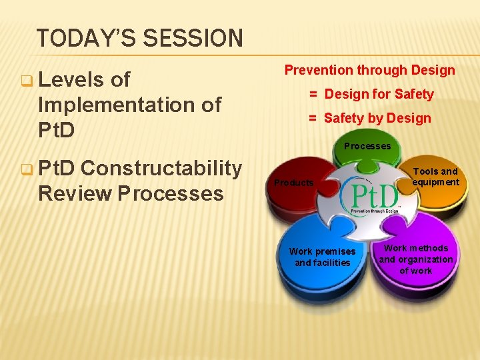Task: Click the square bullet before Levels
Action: (x=27, y=81)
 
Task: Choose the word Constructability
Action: (x=161, y=169)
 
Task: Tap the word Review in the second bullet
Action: (x=75, y=193)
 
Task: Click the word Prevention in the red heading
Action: (x=318, y=70)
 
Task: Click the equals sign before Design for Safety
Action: (x=312, y=94)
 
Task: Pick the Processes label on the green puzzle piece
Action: (x=367, y=146)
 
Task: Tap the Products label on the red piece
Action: (x=294, y=183)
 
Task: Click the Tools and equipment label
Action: (x=435, y=177)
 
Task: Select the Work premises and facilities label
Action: (x=322, y=257)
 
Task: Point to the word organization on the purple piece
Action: (x=416, y=259)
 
